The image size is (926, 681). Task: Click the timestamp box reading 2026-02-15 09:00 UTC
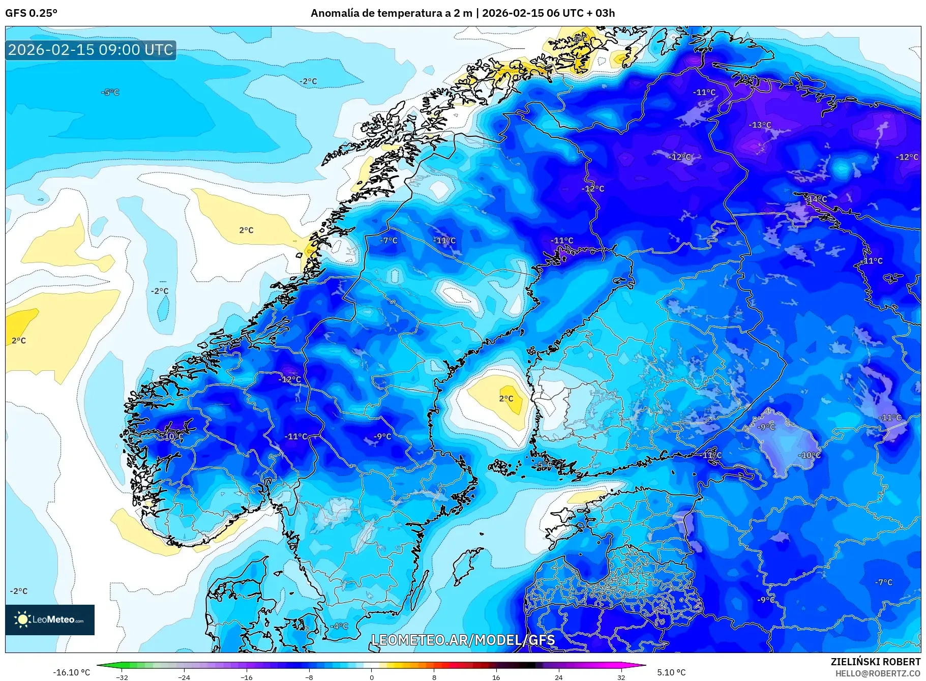(91, 50)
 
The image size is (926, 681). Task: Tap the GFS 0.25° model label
(31, 13)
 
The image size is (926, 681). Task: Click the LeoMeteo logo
(50, 619)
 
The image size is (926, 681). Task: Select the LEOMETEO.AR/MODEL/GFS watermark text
(463, 640)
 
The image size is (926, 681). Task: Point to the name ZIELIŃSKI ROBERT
(875, 662)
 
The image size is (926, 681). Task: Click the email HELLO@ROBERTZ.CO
(877, 673)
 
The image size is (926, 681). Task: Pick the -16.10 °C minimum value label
(71, 672)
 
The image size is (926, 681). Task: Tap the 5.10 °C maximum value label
(671, 672)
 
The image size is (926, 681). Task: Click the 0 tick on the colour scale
(372, 677)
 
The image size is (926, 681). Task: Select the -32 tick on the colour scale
(122, 677)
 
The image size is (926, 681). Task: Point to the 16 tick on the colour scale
(496, 677)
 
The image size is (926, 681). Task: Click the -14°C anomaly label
(817, 199)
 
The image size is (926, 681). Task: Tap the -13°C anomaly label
(760, 125)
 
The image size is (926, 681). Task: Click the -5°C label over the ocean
(110, 92)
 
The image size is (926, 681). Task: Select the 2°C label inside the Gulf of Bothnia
(506, 398)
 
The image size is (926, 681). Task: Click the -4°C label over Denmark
(339, 626)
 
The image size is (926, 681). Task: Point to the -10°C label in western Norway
(173, 436)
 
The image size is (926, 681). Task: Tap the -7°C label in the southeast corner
(883, 582)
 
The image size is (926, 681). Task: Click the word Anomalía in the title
(335, 13)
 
